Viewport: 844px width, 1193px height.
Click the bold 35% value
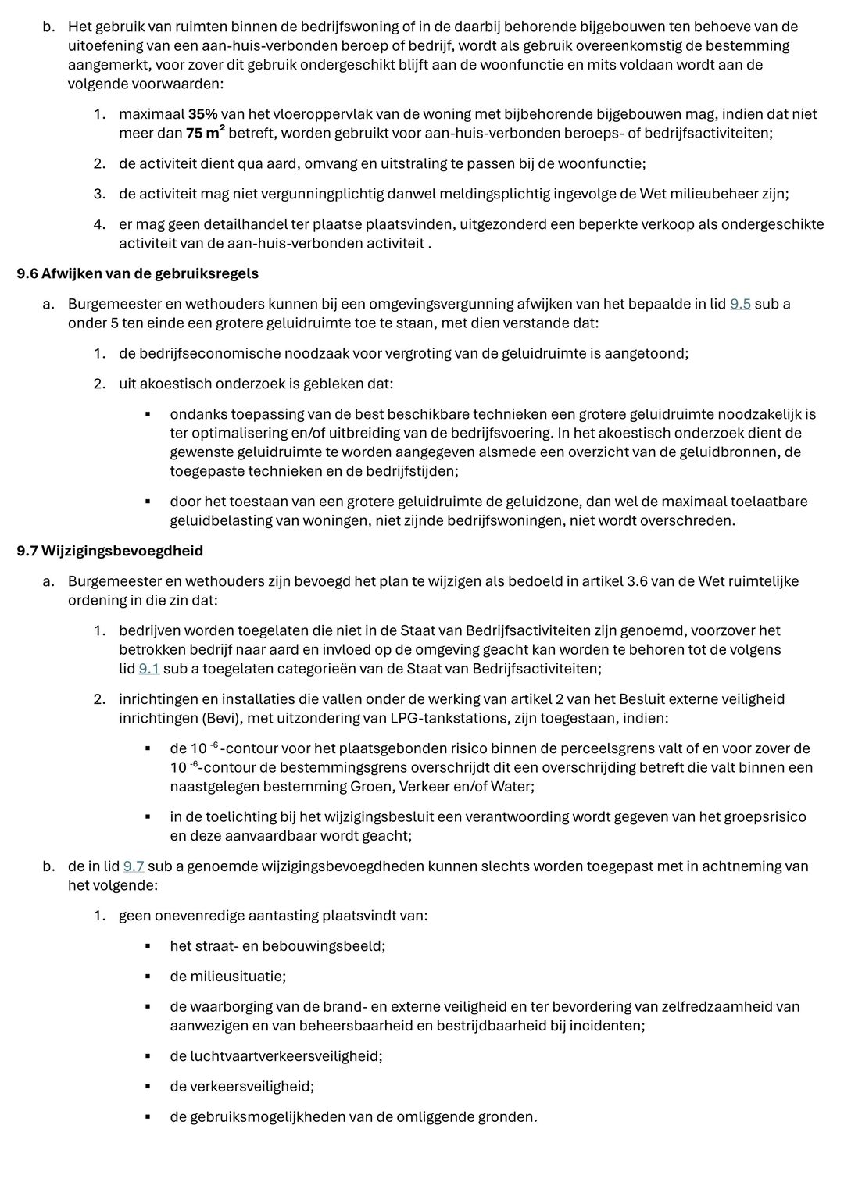coord(202,114)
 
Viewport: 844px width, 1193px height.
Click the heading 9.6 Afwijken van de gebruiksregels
coord(138,273)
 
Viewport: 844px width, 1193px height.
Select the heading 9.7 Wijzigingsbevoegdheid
coord(110,551)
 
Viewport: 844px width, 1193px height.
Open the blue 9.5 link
coord(740,304)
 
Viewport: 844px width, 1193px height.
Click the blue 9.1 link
coord(148,669)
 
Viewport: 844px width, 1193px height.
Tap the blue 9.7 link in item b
coord(134,866)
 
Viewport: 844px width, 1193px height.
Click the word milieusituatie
coord(238,977)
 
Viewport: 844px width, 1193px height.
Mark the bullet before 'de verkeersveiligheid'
coord(147,1087)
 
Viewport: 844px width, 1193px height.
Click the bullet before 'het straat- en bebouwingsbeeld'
coord(147,947)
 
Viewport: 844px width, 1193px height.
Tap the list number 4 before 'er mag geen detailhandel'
coord(99,224)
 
